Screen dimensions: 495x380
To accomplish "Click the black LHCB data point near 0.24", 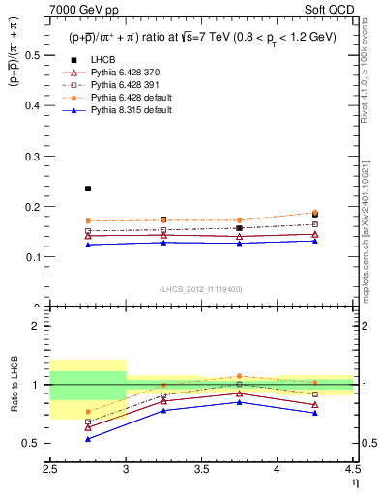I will point(88,189).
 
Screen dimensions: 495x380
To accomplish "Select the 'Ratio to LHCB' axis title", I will point(14,385).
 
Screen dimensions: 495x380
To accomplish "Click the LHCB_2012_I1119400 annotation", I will point(201,288).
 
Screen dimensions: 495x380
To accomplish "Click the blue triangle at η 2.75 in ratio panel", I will point(88,439).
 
